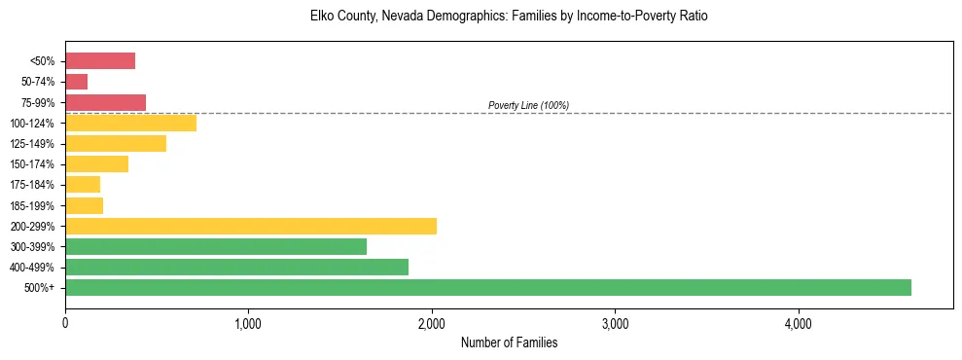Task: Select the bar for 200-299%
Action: click(x=251, y=226)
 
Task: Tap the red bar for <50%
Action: click(x=100, y=61)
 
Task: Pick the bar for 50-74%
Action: click(x=77, y=82)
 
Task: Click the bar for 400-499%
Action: click(x=236, y=267)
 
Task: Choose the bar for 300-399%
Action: click(x=216, y=246)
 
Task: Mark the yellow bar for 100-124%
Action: click(x=130, y=123)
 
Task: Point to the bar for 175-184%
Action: click(x=83, y=185)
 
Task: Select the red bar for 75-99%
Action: click(x=105, y=102)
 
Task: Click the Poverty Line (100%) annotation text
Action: click(x=528, y=105)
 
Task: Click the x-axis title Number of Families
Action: click(x=509, y=342)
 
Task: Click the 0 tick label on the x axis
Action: click(x=65, y=322)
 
